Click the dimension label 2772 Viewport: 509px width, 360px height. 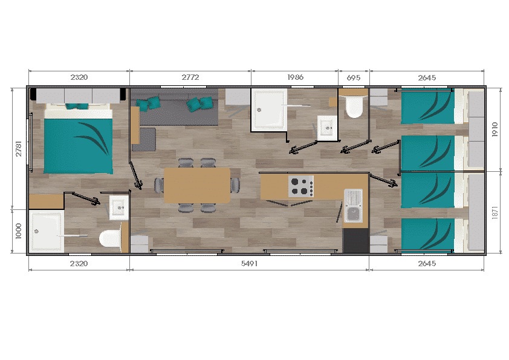pos(190,77)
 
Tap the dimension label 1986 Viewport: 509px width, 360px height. pos(295,77)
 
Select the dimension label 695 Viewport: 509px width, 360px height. pos(354,77)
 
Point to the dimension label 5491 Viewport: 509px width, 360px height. pos(249,264)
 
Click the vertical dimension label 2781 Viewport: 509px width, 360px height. pos(18,149)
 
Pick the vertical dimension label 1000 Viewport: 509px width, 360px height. pos(18,232)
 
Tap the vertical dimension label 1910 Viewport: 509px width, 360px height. pos(494,129)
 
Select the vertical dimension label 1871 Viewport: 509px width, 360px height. pos(494,212)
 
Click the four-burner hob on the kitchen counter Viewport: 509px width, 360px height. pos(301,186)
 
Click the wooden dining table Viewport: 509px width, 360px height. pos(197,185)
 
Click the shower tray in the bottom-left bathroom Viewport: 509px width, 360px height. pos(46,231)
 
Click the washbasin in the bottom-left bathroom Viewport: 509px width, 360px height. pos(117,207)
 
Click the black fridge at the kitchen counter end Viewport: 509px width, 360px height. pos(355,240)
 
